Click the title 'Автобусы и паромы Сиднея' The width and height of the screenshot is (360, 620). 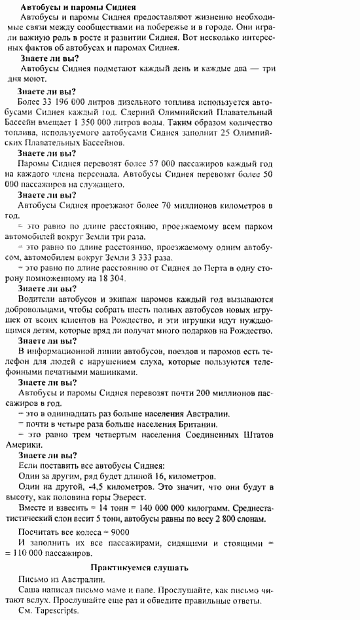pyautogui.click(x=78, y=7)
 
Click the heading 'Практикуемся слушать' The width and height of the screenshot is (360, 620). pyautogui.click(x=139, y=568)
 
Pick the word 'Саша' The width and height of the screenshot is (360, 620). pyautogui.click(x=29, y=590)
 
